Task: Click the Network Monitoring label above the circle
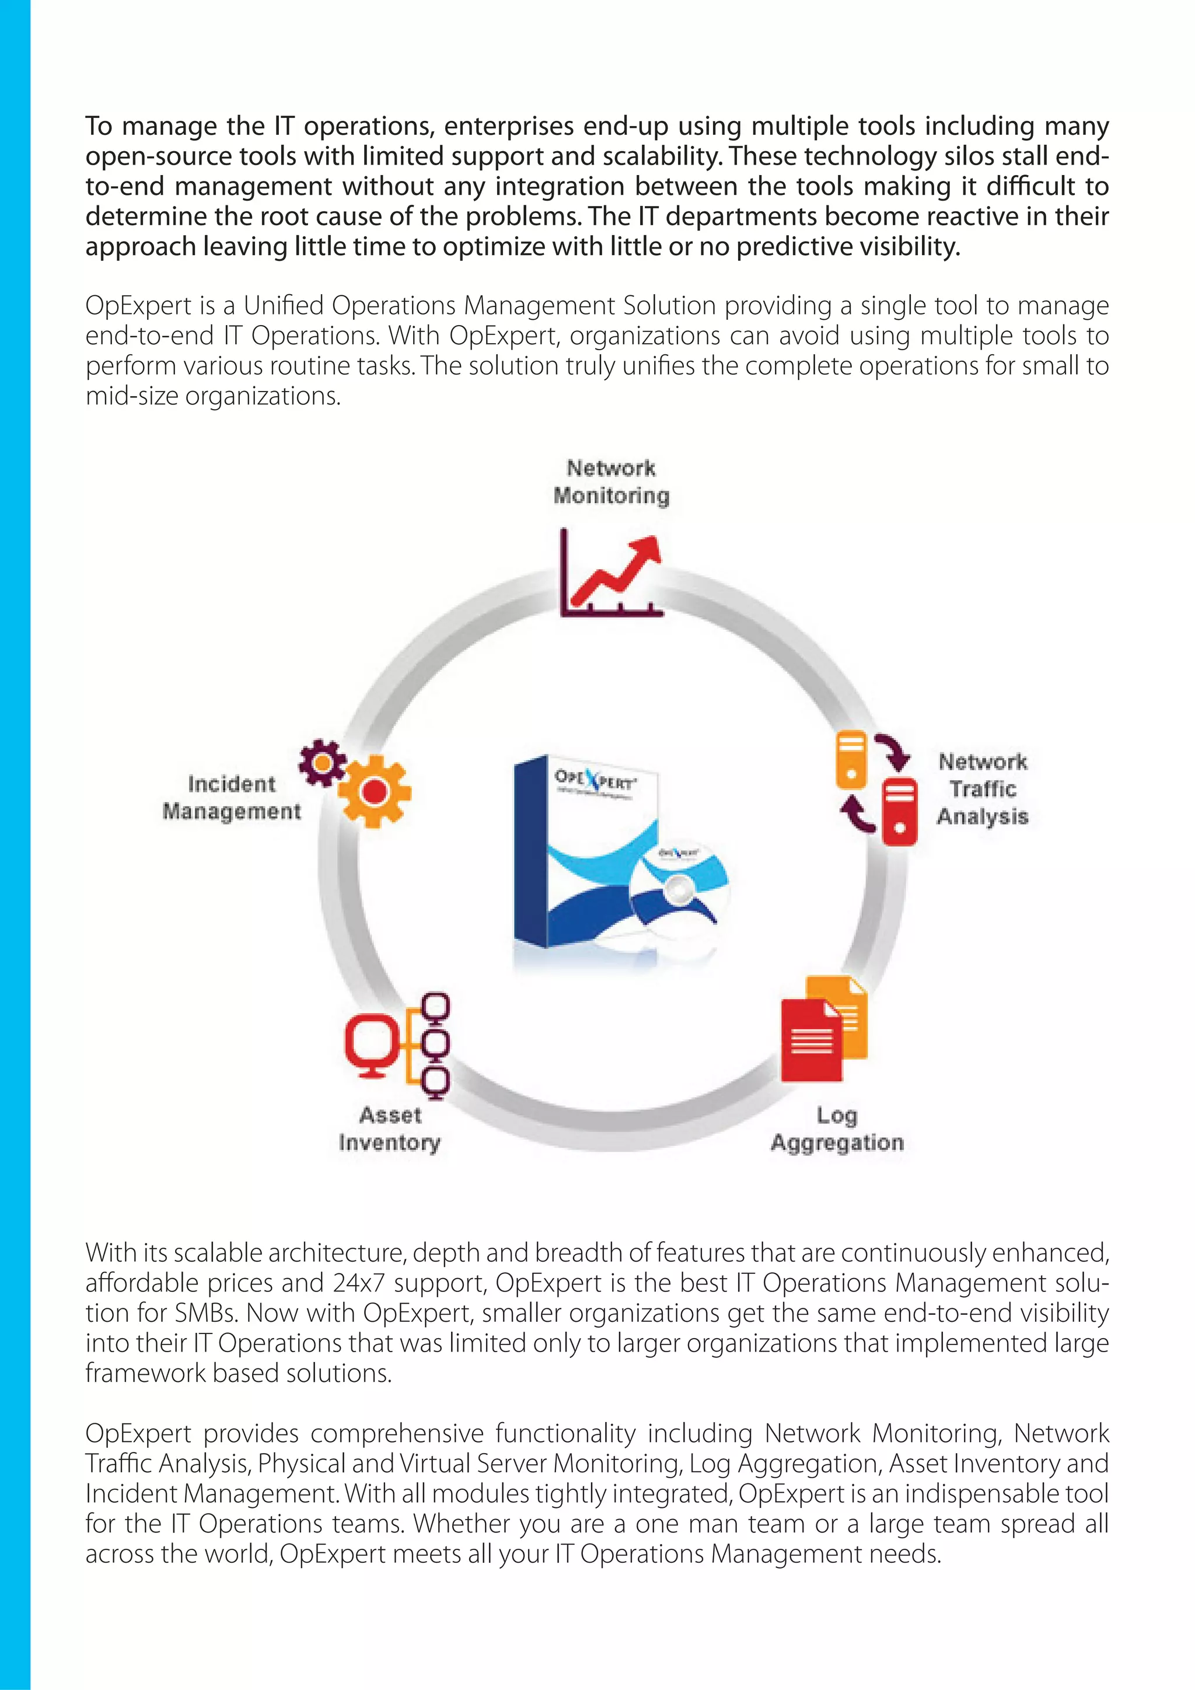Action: [611, 482]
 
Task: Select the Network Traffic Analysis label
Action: [983, 788]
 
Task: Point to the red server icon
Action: [899, 809]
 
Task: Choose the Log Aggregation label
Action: [837, 1129]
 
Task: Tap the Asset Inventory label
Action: [390, 1129]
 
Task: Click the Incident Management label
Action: [232, 797]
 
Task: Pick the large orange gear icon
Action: [375, 791]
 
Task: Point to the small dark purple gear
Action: [322, 762]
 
